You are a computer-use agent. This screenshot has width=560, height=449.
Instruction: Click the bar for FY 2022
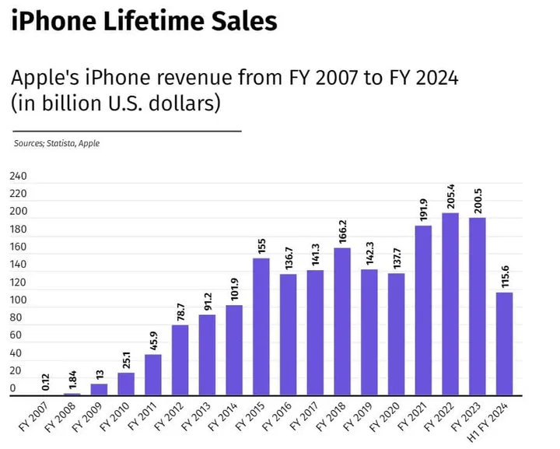pyautogui.click(x=450, y=304)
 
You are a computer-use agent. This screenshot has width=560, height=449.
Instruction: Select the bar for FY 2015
pyautogui.click(x=261, y=327)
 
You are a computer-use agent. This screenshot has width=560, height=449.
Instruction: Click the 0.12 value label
pyautogui.click(x=46, y=381)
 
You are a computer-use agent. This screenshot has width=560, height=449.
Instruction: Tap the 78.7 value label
pyautogui.click(x=180, y=310)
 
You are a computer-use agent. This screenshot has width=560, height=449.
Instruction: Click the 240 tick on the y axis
pyautogui.click(x=18, y=177)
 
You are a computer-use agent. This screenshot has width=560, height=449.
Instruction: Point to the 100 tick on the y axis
pyautogui.click(x=18, y=300)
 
